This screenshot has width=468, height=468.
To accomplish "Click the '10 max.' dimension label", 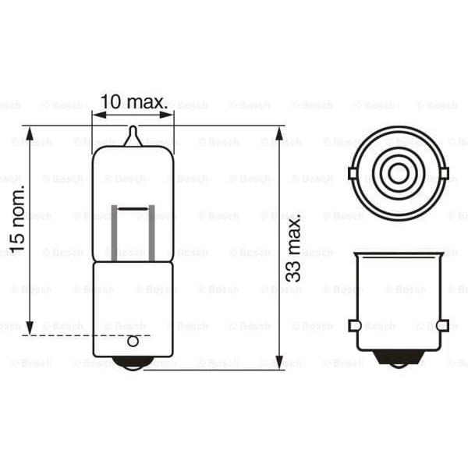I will (x=133, y=101).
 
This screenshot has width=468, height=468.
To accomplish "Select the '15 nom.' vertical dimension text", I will (x=17, y=219).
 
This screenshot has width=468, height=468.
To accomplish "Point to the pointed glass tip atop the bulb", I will (x=133, y=136).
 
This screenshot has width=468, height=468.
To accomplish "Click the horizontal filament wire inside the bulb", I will (x=133, y=208).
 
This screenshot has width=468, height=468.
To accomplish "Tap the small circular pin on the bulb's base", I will (x=133, y=341).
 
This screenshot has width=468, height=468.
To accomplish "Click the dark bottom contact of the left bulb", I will (x=133, y=363).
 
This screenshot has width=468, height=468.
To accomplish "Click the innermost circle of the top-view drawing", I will (x=399, y=172).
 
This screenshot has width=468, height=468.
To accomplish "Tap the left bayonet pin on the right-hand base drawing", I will (x=353, y=325).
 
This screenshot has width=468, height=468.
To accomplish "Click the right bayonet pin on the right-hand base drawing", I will (x=443, y=325).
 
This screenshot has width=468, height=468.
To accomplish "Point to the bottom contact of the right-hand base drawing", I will (x=399, y=357).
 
